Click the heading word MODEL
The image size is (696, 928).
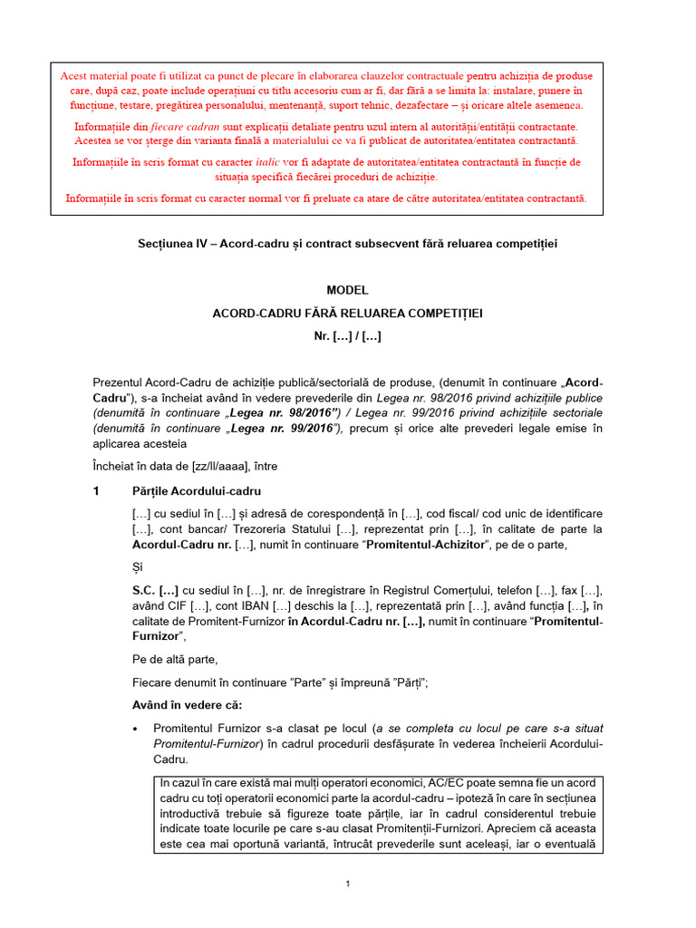[348, 290]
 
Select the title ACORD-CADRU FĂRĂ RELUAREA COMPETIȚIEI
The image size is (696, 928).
[348, 313]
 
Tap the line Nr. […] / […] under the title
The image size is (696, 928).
[348, 336]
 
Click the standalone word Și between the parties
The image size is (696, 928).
[138, 567]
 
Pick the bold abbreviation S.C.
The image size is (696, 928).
[147, 590]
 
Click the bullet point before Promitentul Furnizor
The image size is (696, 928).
[136, 729]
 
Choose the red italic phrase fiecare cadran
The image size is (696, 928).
[185, 127]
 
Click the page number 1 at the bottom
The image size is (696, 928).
[348, 884]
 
